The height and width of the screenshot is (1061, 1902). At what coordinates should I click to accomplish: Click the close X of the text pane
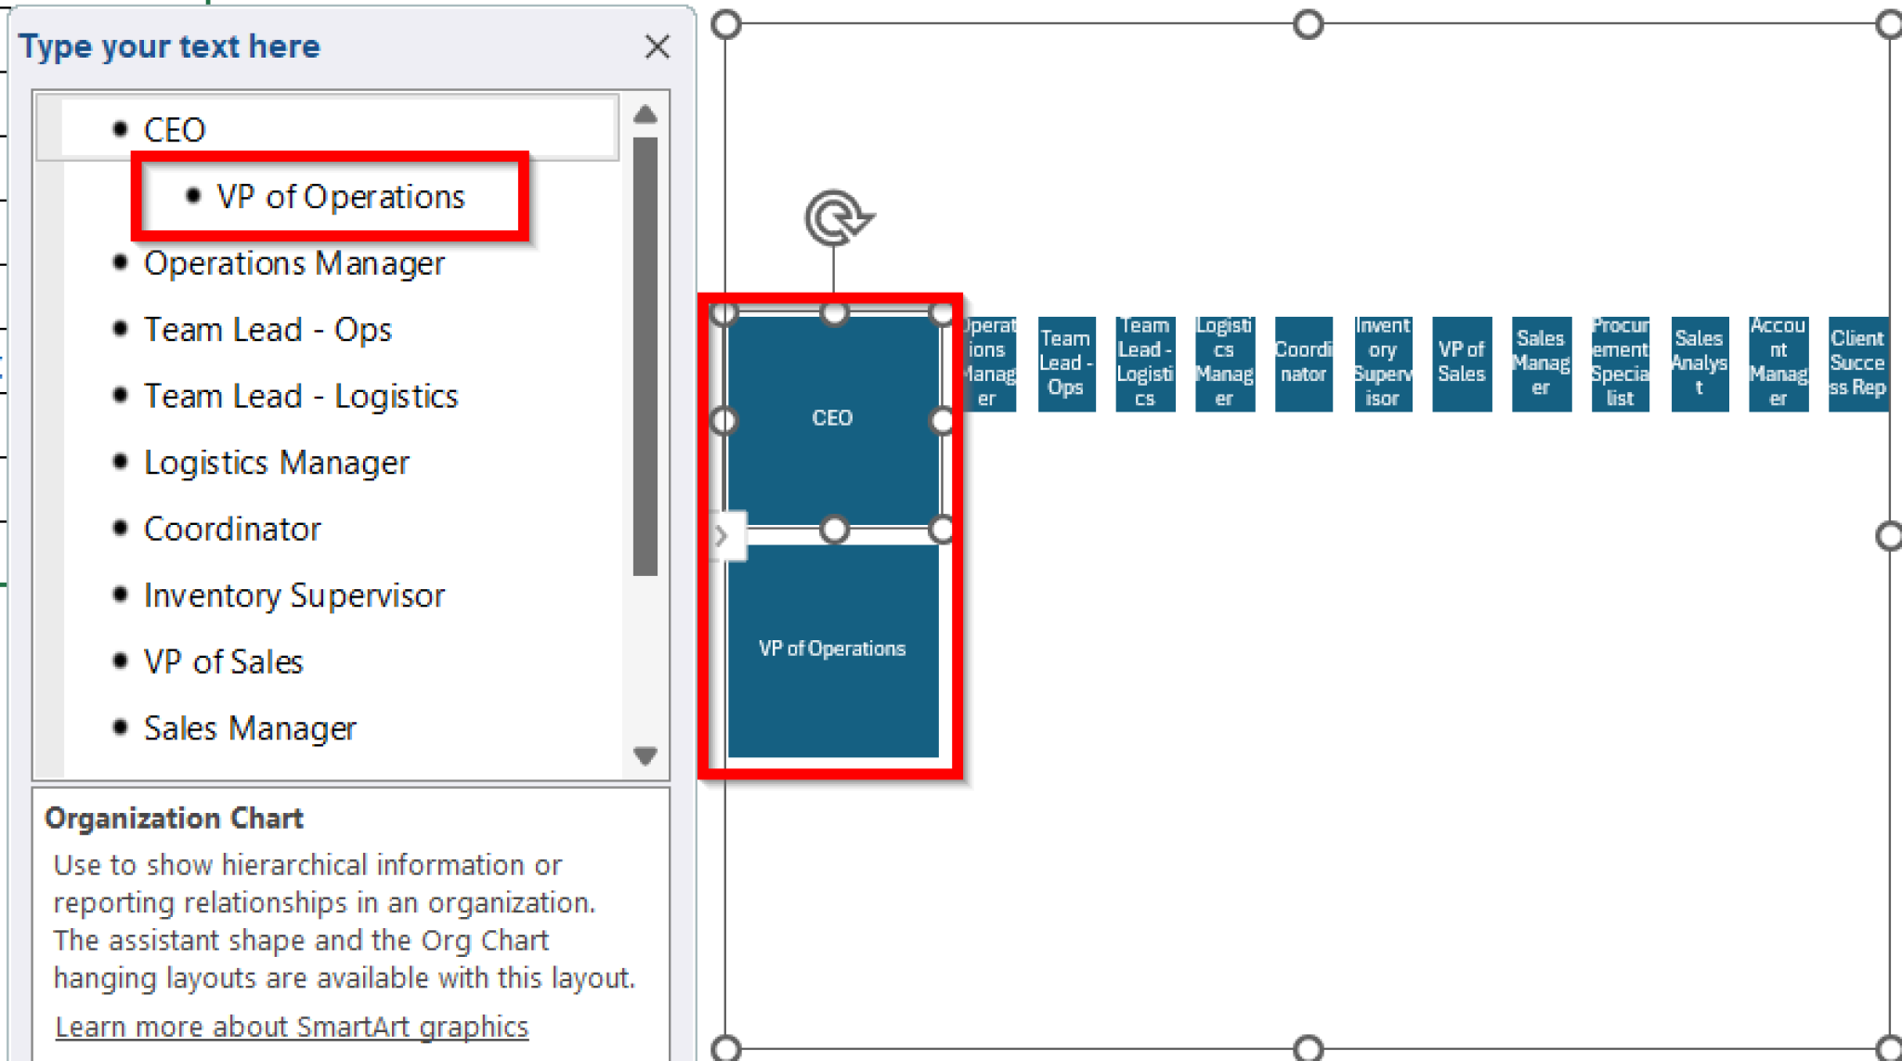pos(658,46)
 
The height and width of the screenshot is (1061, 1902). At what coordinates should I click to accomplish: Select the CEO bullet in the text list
pos(174,130)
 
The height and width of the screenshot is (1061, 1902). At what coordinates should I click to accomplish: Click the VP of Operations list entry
pos(340,197)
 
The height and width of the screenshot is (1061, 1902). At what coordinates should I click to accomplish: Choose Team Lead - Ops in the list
pos(267,330)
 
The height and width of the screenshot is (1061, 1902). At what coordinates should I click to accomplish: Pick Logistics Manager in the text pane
pos(276,463)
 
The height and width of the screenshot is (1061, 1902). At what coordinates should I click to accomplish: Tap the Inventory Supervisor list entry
pos(293,596)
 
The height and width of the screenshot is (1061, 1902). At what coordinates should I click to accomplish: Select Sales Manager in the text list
pos(250,728)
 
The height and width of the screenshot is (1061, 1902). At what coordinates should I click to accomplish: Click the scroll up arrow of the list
pos(645,115)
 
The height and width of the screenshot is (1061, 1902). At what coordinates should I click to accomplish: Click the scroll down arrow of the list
pos(645,755)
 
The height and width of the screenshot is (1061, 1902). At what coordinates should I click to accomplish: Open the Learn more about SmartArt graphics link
pos(292,1027)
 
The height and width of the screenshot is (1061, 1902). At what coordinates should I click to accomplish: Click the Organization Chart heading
pos(174,819)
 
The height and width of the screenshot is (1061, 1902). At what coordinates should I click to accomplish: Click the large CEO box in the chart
pos(832,418)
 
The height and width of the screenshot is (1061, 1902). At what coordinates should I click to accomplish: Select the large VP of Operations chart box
pos(832,648)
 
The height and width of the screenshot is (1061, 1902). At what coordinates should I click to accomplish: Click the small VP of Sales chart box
pos(1462,363)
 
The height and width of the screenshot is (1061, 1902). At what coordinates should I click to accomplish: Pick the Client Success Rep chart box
pos(1857,363)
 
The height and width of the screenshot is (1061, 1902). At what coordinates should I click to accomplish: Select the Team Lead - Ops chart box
pos(1066,363)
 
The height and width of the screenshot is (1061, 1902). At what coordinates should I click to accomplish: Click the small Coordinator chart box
pos(1303,363)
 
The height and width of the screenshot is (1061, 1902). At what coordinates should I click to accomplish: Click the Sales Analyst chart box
pos(1700,363)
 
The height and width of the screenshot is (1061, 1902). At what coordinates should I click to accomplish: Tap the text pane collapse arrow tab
pos(722,536)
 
